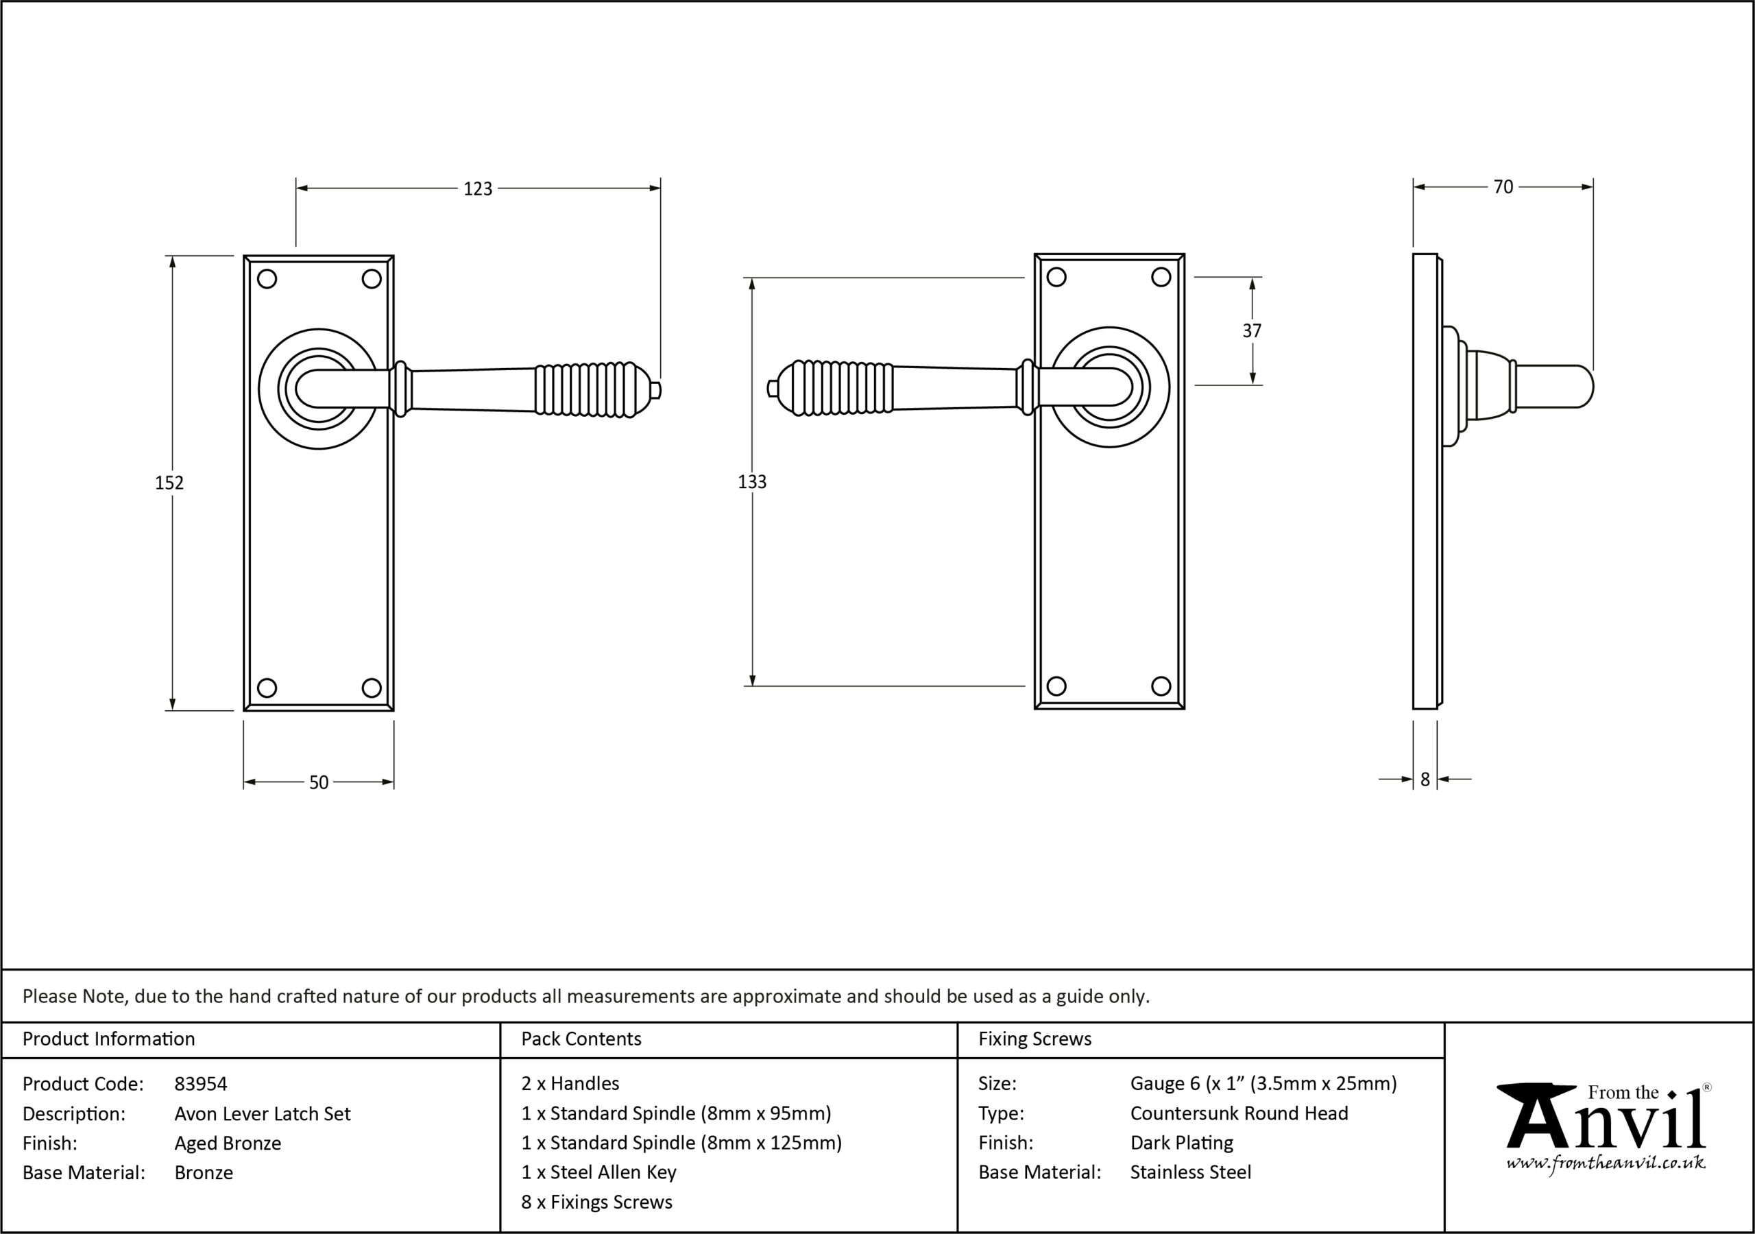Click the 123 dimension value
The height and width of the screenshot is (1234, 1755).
pyautogui.click(x=478, y=189)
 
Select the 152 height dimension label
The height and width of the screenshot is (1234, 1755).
pyautogui.click(x=170, y=483)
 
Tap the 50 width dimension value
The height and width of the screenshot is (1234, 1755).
pyautogui.click(x=319, y=782)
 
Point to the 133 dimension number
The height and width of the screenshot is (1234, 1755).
pyautogui.click(x=752, y=482)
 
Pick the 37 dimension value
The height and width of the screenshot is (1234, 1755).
pyautogui.click(x=1252, y=330)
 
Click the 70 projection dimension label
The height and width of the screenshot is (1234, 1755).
pyautogui.click(x=1503, y=186)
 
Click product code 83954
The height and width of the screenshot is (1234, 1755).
pyautogui.click(x=201, y=1083)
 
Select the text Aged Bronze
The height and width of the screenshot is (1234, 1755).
pyautogui.click(x=228, y=1143)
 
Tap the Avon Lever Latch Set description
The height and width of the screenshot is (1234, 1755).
pyautogui.click(x=262, y=1113)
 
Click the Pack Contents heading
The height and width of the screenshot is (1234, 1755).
pyautogui.click(x=581, y=1038)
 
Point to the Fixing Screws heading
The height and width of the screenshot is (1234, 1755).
pyautogui.click(x=1035, y=1038)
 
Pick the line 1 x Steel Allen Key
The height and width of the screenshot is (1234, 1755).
pyautogui.click(x=598, y=1172)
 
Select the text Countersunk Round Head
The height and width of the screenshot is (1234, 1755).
pyautogui.click(x=1239, y=1113)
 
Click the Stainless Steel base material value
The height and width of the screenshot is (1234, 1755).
pyautogui.click(x=1191, y=1172)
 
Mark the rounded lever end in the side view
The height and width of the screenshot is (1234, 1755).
pyautogui.click(x=1584, y=387)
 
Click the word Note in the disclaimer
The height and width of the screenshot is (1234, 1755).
pyautogui.click(x=106, y=995)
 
